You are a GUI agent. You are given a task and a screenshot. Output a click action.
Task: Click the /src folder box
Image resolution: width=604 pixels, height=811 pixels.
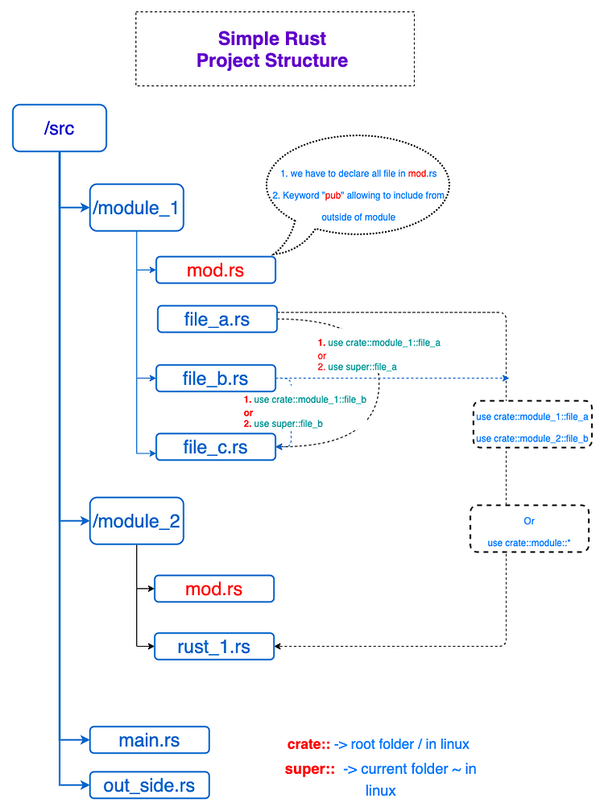[60, 128]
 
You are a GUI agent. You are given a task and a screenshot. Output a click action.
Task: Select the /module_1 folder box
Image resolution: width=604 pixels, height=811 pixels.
[136, 208]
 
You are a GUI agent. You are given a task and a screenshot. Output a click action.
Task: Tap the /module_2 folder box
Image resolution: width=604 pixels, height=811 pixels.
[136, 521]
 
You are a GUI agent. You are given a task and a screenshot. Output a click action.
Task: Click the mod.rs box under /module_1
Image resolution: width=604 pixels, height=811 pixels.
[215, 271]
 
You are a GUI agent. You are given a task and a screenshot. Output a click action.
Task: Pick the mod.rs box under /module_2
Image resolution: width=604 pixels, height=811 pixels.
[213, 589]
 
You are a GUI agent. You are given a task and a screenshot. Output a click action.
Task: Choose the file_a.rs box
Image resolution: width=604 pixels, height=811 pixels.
[217, 319]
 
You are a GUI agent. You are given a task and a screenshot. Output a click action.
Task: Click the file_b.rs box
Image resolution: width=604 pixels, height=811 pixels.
[215, 379]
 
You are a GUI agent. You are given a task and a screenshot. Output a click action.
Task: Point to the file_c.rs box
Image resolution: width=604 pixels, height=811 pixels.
[215, 447]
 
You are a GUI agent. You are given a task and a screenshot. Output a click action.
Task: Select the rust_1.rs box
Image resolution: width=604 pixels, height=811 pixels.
[213, 646]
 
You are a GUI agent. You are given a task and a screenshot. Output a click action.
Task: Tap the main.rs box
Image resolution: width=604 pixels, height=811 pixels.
[149, 740]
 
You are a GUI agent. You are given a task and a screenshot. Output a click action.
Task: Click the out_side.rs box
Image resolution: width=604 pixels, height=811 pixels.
[149, 785]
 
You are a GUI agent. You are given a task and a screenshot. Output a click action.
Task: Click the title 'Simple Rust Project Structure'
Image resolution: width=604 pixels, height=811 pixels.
[272, 49]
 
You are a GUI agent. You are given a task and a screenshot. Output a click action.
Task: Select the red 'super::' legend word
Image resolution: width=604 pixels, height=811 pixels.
[310, 769]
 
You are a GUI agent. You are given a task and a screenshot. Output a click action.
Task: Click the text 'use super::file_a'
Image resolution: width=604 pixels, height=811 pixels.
[362, 366]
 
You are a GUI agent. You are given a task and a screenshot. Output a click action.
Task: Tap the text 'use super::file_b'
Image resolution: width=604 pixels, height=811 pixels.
[288, 424]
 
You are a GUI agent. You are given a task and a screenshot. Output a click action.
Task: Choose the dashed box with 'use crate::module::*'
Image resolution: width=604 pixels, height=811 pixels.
[529, 529]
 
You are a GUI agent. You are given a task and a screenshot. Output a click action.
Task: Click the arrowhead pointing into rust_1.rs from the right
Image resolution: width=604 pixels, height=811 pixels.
[279, 646]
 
